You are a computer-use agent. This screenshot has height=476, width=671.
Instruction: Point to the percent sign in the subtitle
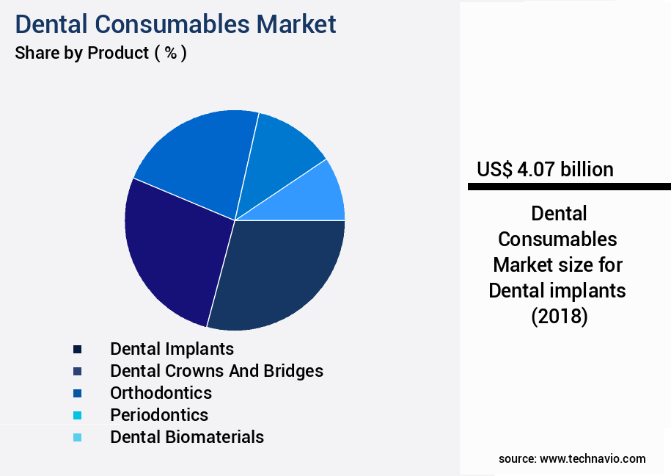coord(169,54)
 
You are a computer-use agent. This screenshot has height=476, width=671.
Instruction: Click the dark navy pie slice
coord(282,272)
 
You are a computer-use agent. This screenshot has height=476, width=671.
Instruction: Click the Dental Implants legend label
coord(172,348)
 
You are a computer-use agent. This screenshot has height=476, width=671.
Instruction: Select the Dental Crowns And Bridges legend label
coord(216,370)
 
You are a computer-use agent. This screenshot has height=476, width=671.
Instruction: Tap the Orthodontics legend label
coord(161,392)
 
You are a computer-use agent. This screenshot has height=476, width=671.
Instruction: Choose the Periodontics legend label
coord(159,414)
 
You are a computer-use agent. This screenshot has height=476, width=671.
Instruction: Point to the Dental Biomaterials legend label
coord(187,436)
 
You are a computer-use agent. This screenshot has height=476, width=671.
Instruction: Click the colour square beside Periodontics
coord(77,415)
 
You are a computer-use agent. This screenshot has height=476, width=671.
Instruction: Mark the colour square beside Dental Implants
coord(77,349)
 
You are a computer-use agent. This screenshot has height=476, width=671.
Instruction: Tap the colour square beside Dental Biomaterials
coord(77,437)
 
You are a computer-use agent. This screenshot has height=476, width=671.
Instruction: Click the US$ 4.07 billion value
coord(545,169)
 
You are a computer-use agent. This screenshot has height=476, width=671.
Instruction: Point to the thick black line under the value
coord(569,187)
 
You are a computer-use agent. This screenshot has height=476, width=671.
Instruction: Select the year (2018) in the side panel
coord(559,316)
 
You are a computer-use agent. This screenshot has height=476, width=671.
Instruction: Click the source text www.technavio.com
coord(593,458)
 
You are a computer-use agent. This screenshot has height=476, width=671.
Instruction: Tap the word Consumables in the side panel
coord(557,239)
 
